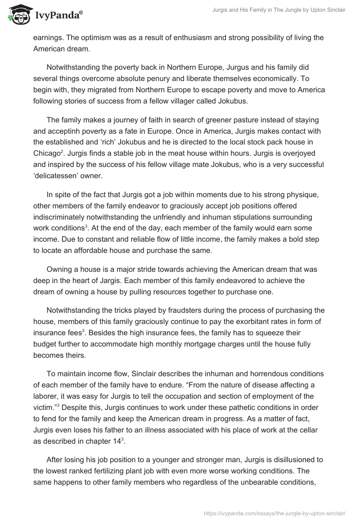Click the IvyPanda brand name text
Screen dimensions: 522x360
click(57, 15)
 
